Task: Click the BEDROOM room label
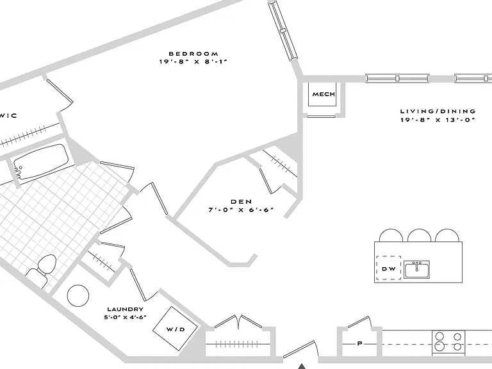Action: [x=193, y=54]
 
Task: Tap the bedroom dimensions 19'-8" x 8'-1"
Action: [x=193, y=61]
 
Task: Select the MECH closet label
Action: [x=324, y=94]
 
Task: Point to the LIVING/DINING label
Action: [x=438, y=111]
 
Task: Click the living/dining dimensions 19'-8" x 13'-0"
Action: [x=438, y=120]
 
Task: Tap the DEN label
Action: [x=241, y=201]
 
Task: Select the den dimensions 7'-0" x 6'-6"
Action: [x=241, y=209]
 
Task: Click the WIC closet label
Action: [x=8, y=115]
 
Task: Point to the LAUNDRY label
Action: [x=125, y=309]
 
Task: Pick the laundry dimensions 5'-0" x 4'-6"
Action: [x=125, y=317]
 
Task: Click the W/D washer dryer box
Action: [x=175, y=329]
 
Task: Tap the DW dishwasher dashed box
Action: [x=388, y=268]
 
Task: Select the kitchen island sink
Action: [x=416, y=269]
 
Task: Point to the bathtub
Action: [x=41, y=162]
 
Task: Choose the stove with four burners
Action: [x=448, y=342]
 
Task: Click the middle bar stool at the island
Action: [x=419, y=235]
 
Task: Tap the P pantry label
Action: [x=360, y=343]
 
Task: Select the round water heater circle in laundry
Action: [x=78, y=295]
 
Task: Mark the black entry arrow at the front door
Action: [x=302, y=366]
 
